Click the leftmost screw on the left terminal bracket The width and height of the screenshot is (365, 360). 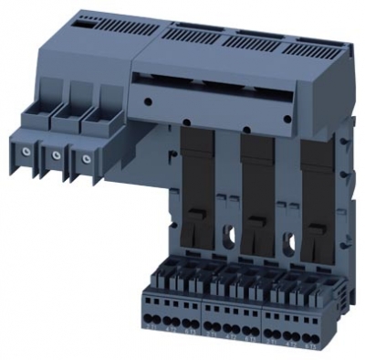pyautogui.click(x=28, y=153)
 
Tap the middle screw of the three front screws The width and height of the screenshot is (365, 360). pyautogui.click(x=57, y=156)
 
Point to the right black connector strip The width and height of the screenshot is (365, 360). pyautogui.click(x=313, y=192)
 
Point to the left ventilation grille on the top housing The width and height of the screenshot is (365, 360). pyautogui.click(x=186, y=35)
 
